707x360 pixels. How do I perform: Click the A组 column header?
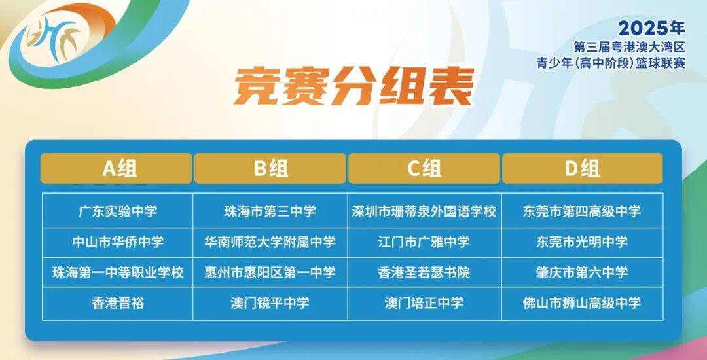pyautogui.click(x=117, y=168)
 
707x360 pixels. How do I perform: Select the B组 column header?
pyautogui.click(x=270, y=168)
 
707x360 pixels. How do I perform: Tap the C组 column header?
pyautogui.click(x=424, y=168)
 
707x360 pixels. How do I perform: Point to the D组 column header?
pyautogui.click(x=582, y=168)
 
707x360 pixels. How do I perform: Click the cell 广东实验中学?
pyautogui.click(x=118, y=211)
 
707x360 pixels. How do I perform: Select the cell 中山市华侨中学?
pyautogui.click(x=118, y=242)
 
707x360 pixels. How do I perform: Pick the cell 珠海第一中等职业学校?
pyautogui.click(x=118, y=272)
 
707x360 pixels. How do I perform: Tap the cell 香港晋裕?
pyautogui.click(x=118, y=303)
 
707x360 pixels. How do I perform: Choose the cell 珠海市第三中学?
pyautogui.click(x=270, y=211)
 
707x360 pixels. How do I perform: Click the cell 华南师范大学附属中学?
pyautogui.click(x=270, y=242)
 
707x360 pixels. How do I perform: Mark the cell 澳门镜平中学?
pyautogui.click(x=270, y=303)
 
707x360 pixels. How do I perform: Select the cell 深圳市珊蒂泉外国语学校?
pyautogui.click(x=424, y=211)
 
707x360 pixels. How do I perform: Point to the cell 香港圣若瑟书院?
pyautogui.click(x=424, y=272)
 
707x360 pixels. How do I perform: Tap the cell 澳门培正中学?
pyautogui.click(x=424, y=303)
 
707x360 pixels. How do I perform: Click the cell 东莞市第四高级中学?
pyautogui.click(x=582, y=211)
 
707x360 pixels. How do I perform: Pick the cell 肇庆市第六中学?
pyautogui.click(x=582, y=272)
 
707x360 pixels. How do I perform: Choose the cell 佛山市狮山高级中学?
pyautogui.click(x=582, y=303)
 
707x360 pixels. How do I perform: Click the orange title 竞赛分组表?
pyautogui.click(x=353, y=86)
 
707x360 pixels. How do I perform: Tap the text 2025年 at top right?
pyautogui.click(x=651, y=28)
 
